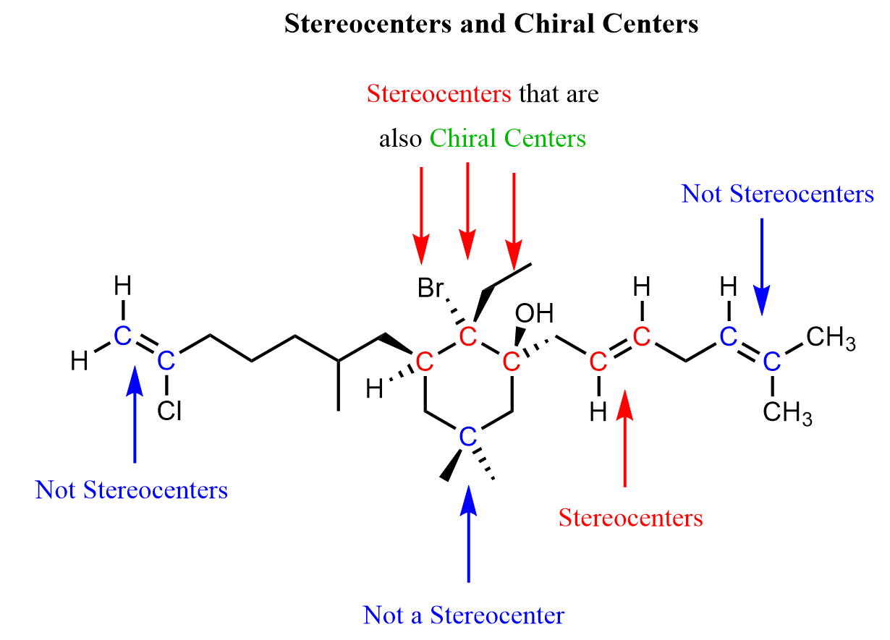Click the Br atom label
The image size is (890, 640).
pyautogui.click(x=433, y=289)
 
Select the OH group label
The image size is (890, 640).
pyautogui.click(x=534, y=315)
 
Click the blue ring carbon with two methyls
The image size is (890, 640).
pyautogui.click(x=468, y=436)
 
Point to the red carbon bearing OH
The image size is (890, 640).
pyautogui.click(x=512, y=361)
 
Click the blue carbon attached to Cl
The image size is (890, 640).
pyautogui.click(x=166, y=360)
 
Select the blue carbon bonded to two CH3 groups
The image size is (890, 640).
pyautogui.click(x=772, y=361)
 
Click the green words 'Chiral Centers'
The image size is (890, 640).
pyautogui.click(x=507, y=138)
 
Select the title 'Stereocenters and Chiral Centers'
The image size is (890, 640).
pyautogui.click(x=491, y=24)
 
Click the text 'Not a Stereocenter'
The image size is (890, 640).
pyautogui.click(x=464, y=615)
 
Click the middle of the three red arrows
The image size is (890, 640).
pyautogui.click(x=468, y=210)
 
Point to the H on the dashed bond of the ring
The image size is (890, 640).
pyautogui.click(x=374, y=390)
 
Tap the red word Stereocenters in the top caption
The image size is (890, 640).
pyautogui.click(x=438, y=94)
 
